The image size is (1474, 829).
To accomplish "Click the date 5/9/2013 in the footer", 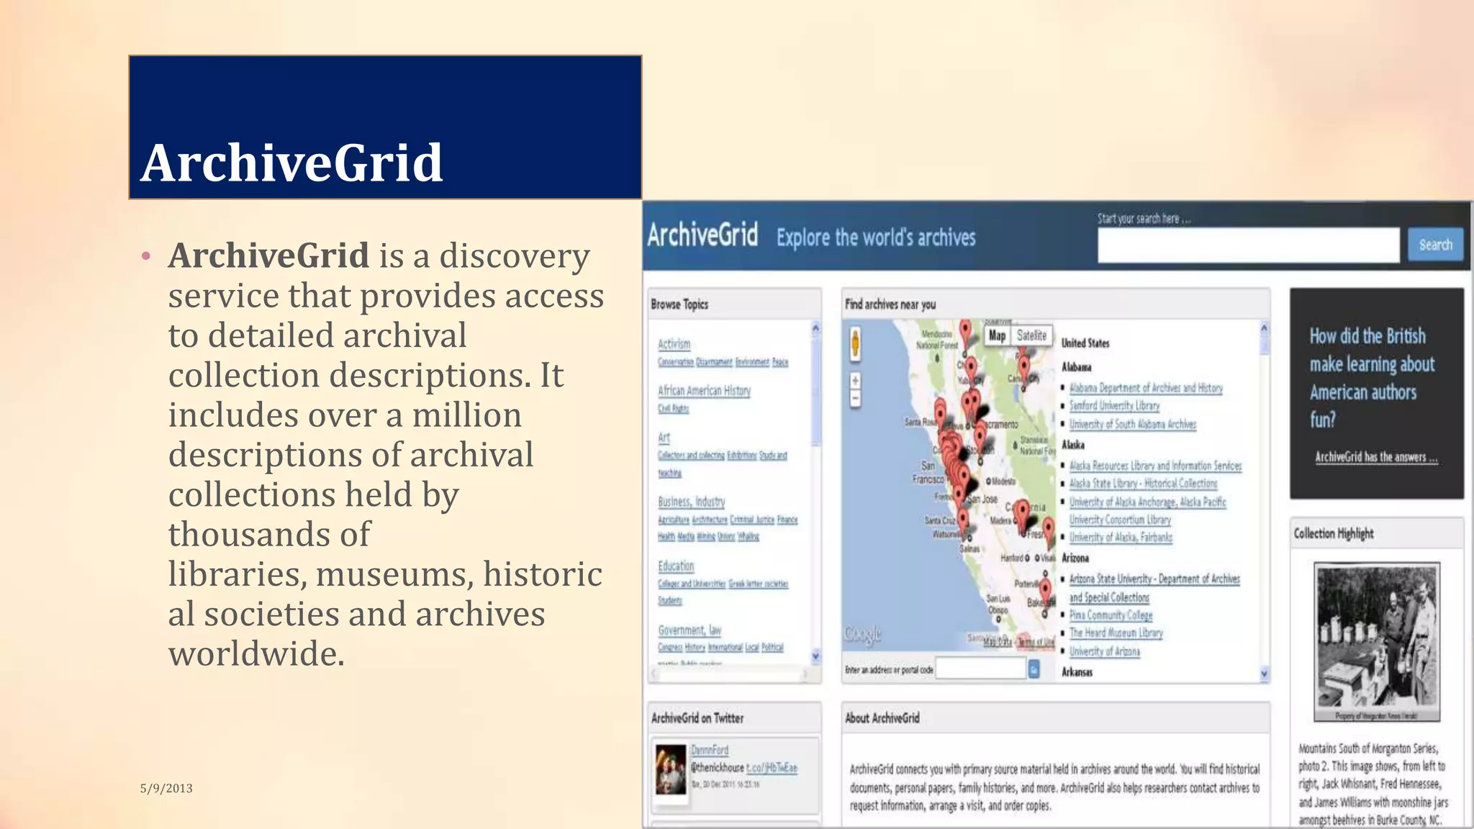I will point(166,788).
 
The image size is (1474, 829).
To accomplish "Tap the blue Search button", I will point(1435,245).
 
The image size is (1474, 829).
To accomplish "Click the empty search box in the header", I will point(1247,245).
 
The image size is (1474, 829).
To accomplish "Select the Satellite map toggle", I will point(1031,335).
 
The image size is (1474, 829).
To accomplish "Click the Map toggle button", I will point(997,335).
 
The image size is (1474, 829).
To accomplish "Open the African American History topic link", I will point(704,391).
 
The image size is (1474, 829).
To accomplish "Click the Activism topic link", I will point(674,345).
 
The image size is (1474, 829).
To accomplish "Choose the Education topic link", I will point(676,566).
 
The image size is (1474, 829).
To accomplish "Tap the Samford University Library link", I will point(1114,406).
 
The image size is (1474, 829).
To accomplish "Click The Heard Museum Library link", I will point(1116,633).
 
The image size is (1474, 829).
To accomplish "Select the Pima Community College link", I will point(1111,615).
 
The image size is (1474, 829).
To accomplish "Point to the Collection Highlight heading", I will point(1333,533).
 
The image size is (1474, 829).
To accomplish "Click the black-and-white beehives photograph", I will point(1376,640).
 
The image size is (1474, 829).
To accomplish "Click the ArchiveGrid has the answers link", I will point(1375,457).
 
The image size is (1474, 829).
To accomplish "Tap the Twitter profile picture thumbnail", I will point(671,769).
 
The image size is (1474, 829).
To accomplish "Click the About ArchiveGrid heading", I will point(882,718).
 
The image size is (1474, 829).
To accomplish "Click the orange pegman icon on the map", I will point(855,343).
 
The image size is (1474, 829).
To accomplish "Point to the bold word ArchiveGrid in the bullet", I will point(268,255).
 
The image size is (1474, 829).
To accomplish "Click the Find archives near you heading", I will point(890,304).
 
